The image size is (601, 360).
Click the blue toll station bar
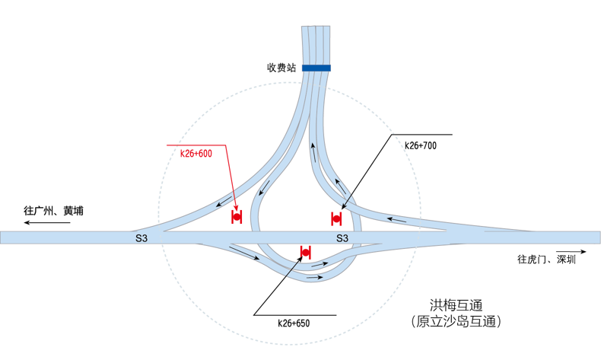click(316, 68)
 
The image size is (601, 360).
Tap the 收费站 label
click(281, 68)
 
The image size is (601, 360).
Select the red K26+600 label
click(196, 153)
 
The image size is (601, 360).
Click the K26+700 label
click(421, 145)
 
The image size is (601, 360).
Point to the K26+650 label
click(294, 323)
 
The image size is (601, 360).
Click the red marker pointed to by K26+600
click(237, 217)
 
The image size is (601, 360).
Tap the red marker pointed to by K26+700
click(336, 219)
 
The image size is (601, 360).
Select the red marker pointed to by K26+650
click(306, 252)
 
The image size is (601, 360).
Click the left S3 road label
click(142, 238)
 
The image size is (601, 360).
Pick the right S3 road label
click(342, 238)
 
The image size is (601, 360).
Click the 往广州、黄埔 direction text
click(54, 211)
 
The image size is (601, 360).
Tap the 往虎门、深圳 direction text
click(546, 260)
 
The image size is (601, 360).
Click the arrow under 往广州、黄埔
click(47, 222)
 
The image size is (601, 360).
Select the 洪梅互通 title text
click(456, 305)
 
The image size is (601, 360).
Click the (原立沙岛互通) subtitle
click(456, 321)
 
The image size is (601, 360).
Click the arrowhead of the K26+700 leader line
click(342, 208)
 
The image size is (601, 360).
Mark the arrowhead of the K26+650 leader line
click(301, 259)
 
